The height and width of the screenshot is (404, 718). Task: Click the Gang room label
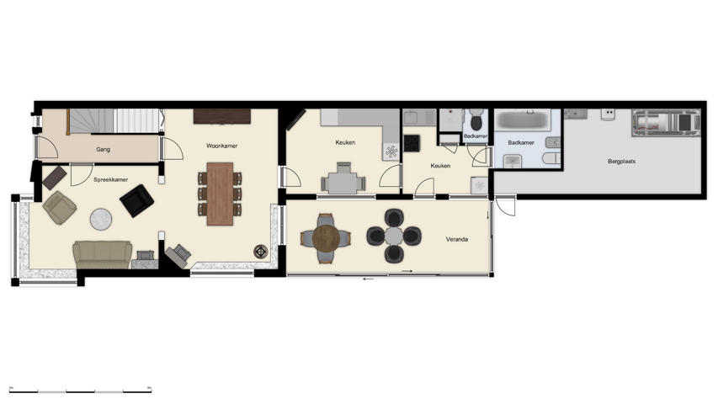pos(104,149)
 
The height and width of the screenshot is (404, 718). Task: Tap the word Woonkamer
pos(222,146)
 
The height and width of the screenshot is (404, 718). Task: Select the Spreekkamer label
pos(111,179)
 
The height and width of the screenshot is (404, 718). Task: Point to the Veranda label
pos(457,240)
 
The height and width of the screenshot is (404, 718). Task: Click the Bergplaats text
pos(621,161)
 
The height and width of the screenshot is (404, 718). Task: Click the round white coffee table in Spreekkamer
pos(101,219)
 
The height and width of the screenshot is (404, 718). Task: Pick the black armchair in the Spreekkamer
pos(136,200)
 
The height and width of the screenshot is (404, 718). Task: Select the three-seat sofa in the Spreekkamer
pos(102,253)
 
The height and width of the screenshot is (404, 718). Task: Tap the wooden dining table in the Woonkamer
pos(220,193)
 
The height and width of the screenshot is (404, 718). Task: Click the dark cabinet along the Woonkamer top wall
pos(222,115)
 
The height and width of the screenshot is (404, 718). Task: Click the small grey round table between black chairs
pos(394,236)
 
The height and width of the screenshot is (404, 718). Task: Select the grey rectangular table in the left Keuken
pos(343,182)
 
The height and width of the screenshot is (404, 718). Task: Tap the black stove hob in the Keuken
pos(412,143)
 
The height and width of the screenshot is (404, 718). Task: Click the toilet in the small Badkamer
pos(476,116)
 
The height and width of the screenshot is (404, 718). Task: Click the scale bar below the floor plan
pos(80,391)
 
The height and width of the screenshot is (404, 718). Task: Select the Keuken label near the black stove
pos(440,166)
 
